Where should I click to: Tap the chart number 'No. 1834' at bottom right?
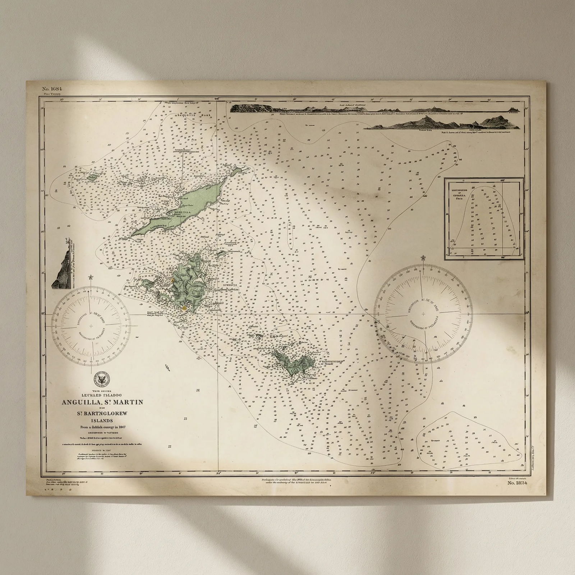(x=517, y=483)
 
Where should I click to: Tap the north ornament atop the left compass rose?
(x=91, y=277)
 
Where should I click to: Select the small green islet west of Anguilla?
(x=92, y=177)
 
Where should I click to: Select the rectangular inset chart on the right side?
(x=482, y=218)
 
